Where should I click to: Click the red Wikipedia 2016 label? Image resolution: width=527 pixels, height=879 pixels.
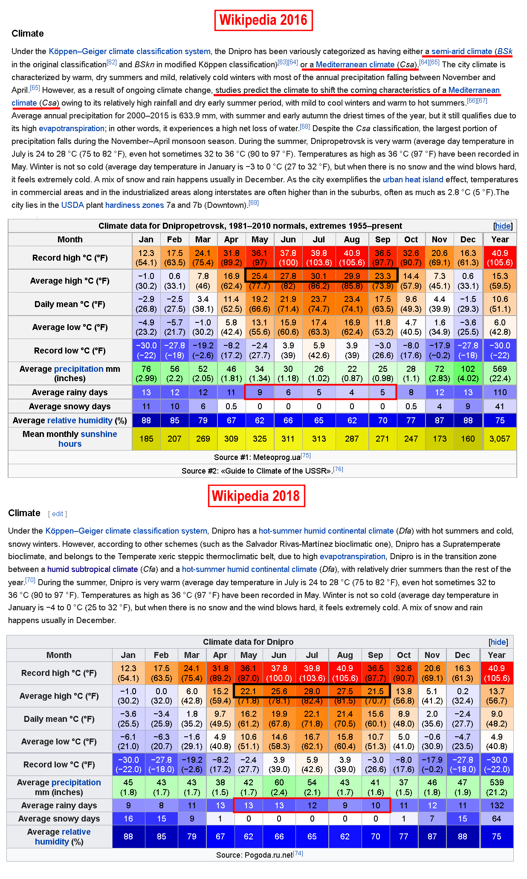(263, 20)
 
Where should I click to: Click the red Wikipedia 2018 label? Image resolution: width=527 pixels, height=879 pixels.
(256, 496)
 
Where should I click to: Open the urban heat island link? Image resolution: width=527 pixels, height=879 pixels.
(413, 180)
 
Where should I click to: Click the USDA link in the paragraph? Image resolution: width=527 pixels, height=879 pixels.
(72, 205)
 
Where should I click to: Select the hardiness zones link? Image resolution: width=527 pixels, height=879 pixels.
(134, 205)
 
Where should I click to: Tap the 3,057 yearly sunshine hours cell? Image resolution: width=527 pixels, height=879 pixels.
(500, 439)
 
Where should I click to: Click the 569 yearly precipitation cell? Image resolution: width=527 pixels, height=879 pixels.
(500, 373)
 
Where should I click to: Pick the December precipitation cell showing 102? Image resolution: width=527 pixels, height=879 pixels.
(468, 373)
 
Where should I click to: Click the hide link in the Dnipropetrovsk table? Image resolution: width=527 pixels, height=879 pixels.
(503, 226)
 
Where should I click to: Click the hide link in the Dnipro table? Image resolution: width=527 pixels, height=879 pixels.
(498, 642)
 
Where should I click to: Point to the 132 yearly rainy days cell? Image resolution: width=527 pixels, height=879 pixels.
(497, 805)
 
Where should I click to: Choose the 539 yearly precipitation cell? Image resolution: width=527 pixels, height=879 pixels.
(497, 787)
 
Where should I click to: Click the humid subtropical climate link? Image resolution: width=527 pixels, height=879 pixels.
(93, 569)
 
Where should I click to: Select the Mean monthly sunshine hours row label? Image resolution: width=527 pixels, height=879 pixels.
(70, 439)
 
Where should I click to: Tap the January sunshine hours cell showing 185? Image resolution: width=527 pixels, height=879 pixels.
(146, 439)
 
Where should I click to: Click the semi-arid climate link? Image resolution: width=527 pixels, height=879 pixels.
(462, 52)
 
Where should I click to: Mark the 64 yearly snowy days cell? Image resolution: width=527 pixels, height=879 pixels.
(497, 819)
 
